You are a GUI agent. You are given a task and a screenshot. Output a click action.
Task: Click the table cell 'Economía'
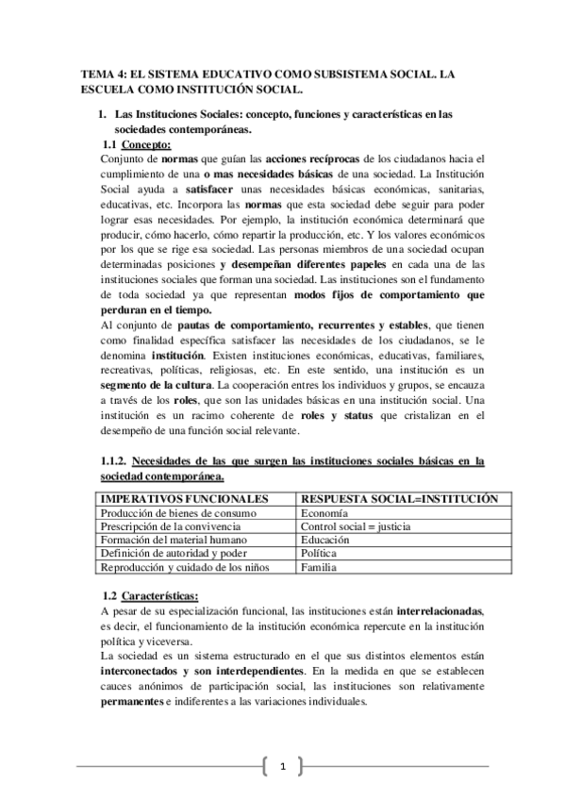[323, 512]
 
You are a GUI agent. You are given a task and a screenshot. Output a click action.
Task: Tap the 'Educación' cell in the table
[324, 541]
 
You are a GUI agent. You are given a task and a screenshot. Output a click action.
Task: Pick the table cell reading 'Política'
[319, 554]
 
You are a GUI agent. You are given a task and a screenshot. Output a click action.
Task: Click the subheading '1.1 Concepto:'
[138, 145]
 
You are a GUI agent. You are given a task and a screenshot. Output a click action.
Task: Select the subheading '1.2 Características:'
[150, 597]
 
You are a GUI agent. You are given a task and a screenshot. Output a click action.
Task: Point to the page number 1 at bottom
[282, 766]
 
